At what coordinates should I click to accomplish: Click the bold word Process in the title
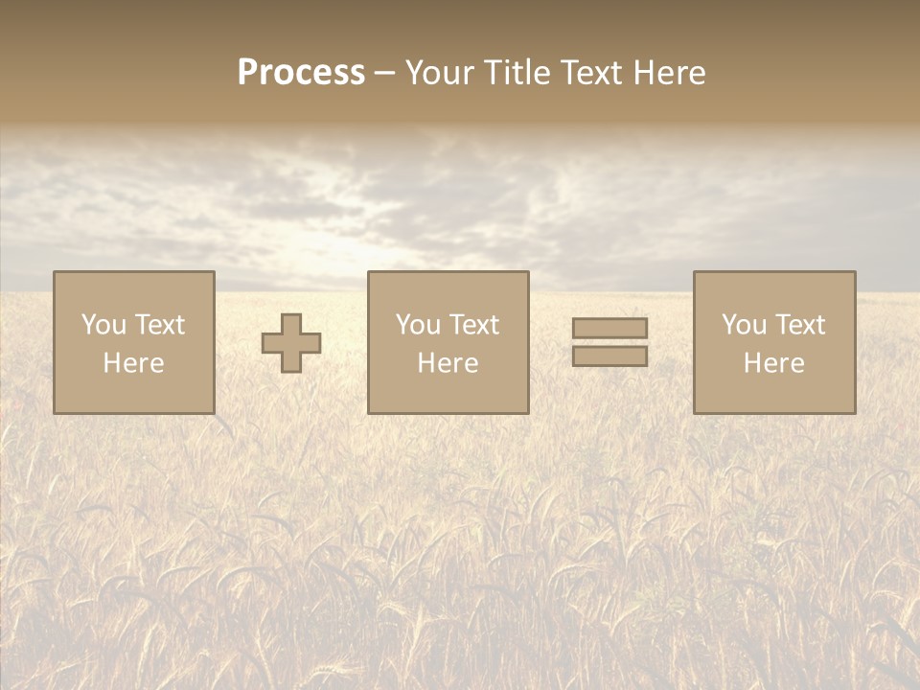[301, 73]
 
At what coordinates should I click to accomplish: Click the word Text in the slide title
[591, 73]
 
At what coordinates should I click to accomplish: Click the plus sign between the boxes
[291, 343]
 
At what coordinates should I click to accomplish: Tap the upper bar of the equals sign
[609, 328]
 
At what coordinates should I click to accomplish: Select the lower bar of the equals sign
[609, 356]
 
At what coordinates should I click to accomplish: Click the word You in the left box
[103, 325]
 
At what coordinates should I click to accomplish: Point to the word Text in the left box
[159, 325]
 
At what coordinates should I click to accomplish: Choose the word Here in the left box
[133, 363]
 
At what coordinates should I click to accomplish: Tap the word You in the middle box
[418, 325]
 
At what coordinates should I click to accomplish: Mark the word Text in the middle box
[473, 325]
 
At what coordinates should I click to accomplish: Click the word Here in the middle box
[448, 363]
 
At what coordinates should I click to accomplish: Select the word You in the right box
[744, 325]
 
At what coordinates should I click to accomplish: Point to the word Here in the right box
[773, 363]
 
